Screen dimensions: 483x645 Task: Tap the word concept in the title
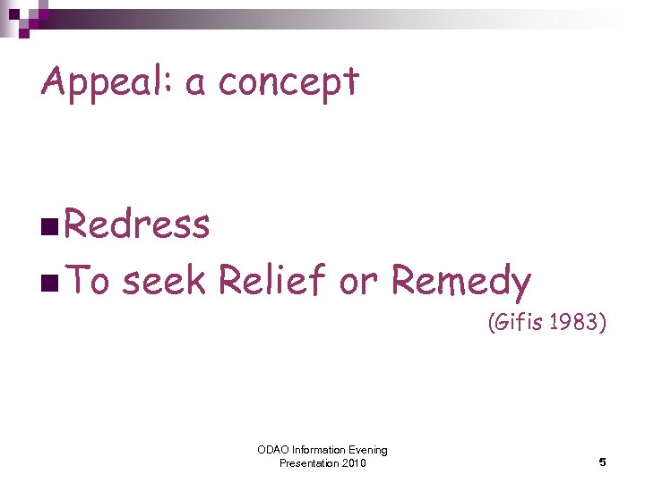(x=288, y=83)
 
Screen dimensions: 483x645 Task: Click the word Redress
(x=136, y=225)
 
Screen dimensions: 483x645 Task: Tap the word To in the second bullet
(x=88, y=282)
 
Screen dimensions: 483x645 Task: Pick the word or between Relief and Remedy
(x=360, y=284)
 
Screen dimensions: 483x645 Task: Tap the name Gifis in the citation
(x=519, y=322)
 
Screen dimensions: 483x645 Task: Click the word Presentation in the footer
(x=309, y=463)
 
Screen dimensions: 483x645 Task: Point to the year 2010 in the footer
(x=354, y=463)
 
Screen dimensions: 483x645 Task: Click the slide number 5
(x=603, y=462)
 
